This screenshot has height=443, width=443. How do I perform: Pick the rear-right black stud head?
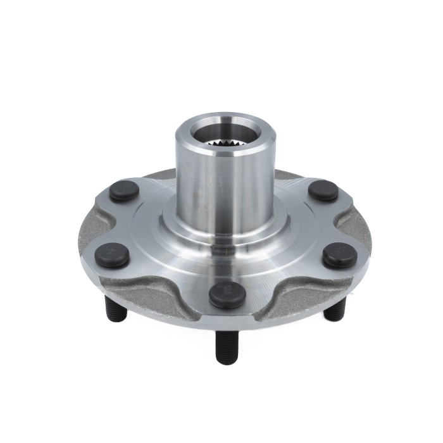[x=323, y=190]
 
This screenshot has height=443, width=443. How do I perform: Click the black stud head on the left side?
[x=112, y=254]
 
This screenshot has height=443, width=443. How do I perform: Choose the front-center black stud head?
[x=227, y=294]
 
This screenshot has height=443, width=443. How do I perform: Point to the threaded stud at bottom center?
[x=225, y=345]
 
